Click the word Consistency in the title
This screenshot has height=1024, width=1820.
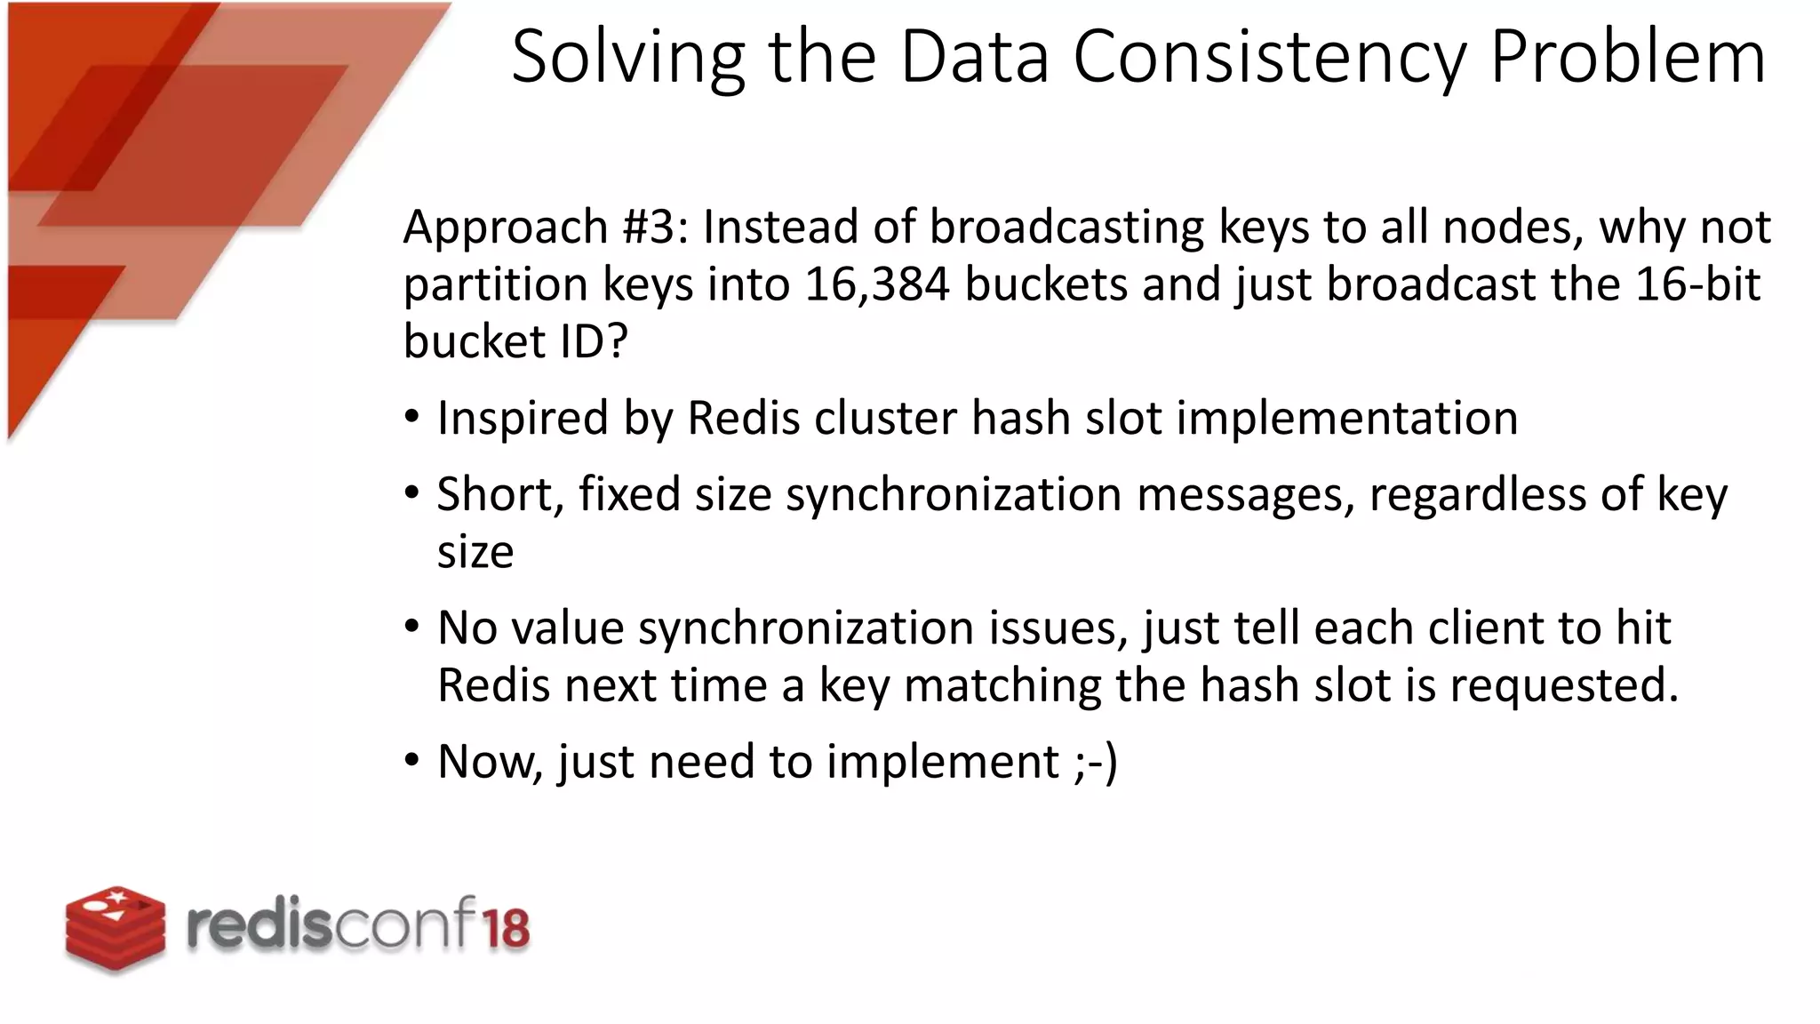1271,57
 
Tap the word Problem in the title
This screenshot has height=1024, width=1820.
1627,57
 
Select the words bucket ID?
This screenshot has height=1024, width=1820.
515,342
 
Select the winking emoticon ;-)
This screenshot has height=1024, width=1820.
1095,762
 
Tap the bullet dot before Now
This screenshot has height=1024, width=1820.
411,761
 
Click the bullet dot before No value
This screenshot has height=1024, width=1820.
411,627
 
